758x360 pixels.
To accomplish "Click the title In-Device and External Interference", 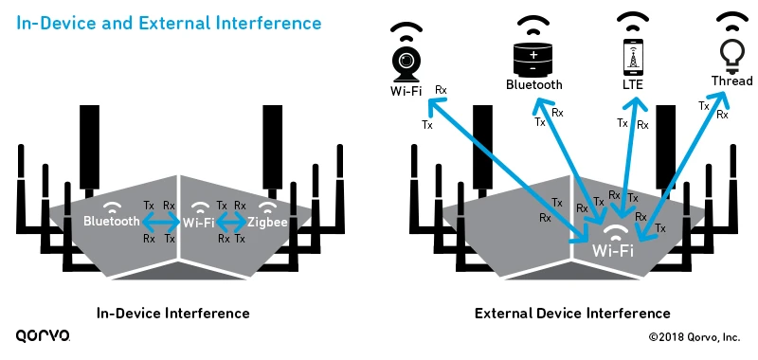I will (x=168, y=22).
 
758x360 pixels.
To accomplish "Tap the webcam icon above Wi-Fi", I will (x=406, y=63).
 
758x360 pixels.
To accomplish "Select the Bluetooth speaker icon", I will (x=533, y=56).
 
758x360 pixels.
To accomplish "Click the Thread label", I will (x=731, y=81).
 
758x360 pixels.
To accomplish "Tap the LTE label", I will (x=632, y=85).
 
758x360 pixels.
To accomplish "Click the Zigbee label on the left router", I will (x=268, y=223).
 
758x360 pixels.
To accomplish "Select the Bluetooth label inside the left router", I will (x=112, y=223).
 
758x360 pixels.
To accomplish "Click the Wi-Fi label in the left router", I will (x=199, y=223).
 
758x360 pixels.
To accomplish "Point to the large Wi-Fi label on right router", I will (x=613, y=251).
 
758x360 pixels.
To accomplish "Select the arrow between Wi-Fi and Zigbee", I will (x=232, y=223).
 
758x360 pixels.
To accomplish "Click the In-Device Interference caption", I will (x=173, y=313).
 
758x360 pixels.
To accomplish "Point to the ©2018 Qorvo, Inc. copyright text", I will (x=694, y=337).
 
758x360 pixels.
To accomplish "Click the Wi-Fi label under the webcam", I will (x=406, y=92).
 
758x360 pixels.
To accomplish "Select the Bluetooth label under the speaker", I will (x=533, y=85).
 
